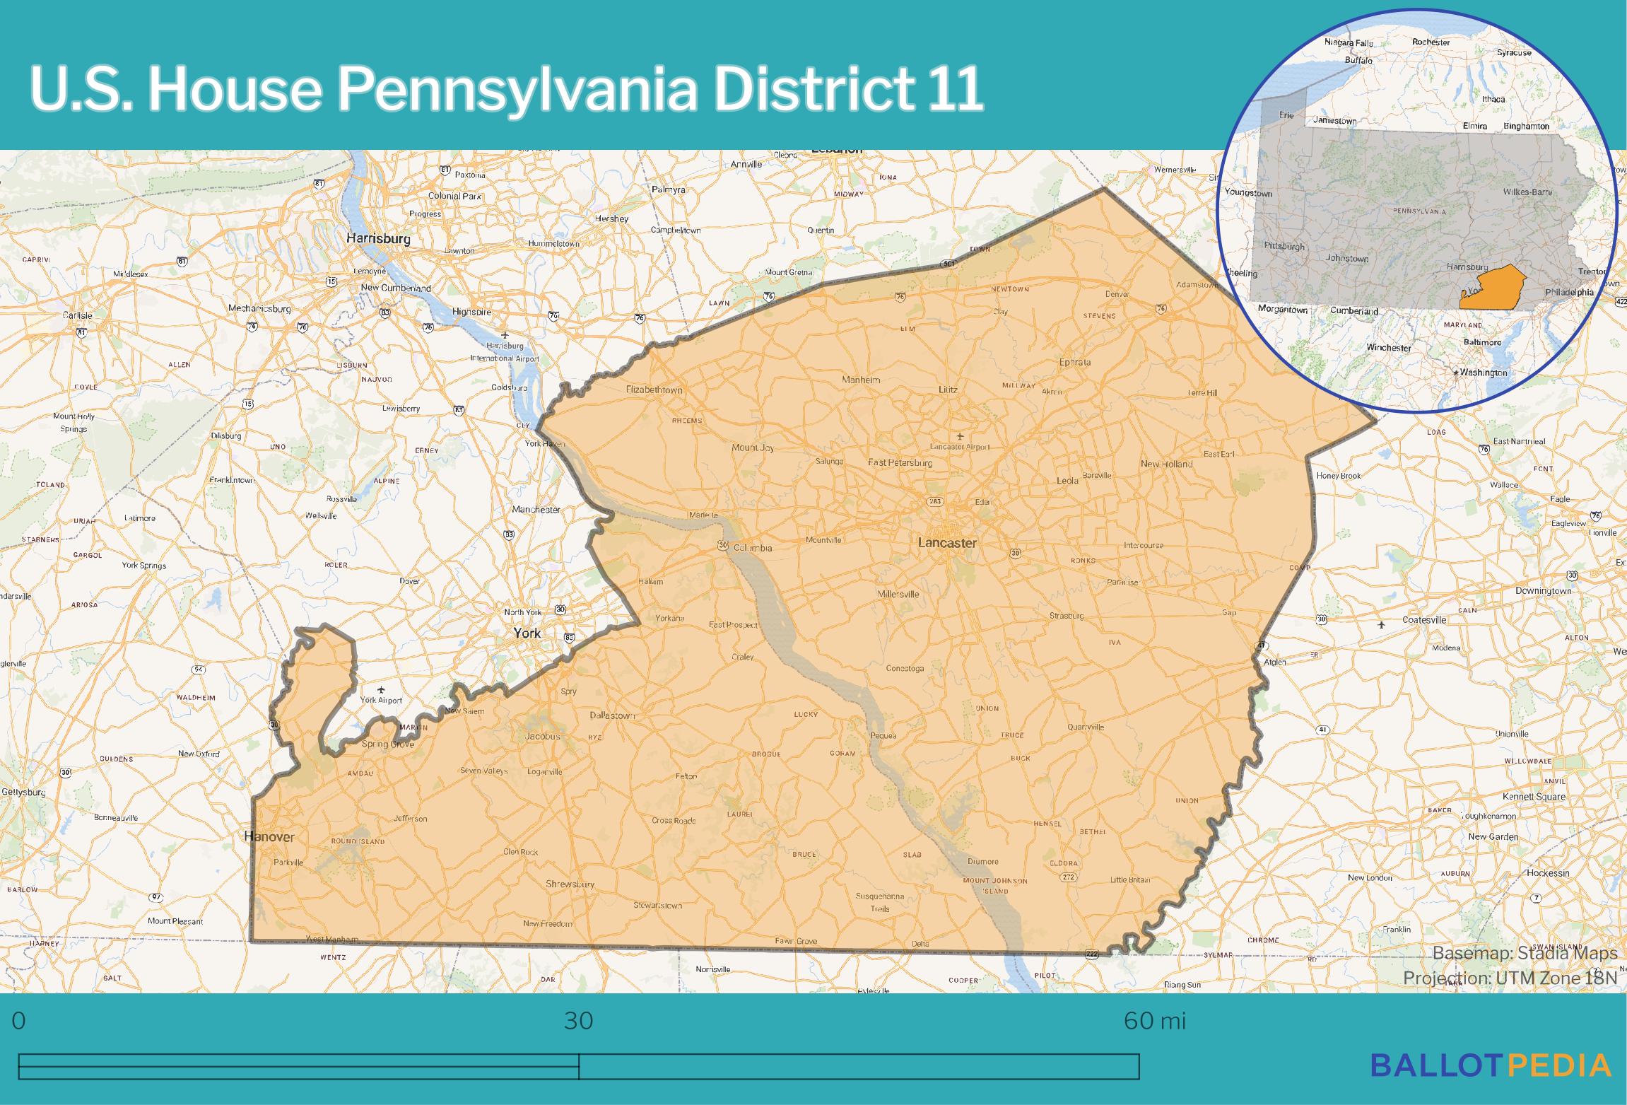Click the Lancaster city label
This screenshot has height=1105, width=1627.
tap(947, 543)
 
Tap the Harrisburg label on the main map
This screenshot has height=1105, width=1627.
tap(378, 239)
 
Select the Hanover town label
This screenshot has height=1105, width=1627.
tap(269, 836)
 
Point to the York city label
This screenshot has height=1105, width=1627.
tap(527, 633)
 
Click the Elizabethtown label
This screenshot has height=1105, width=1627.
tap(654, 390)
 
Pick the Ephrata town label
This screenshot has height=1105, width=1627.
tap(1075, 362)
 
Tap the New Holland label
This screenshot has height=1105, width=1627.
tap(1166, 464)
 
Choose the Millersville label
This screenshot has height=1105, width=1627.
tap(898, 594)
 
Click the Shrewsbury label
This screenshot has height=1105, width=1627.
tap(570, 884)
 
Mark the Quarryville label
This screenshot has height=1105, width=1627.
tap(1086, 727)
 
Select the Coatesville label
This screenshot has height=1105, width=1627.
tap(1424, 620)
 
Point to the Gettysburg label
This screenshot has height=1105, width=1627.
tap(23, 792)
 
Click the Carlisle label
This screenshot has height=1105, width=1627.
tap(77, 315)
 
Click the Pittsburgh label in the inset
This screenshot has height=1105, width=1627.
tap(1284, 247)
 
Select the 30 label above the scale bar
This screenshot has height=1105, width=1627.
tap(578, 1022)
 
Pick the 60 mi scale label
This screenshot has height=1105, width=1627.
tap(1154, 1022)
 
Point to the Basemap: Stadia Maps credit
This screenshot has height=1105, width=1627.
tap(1525, 953)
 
